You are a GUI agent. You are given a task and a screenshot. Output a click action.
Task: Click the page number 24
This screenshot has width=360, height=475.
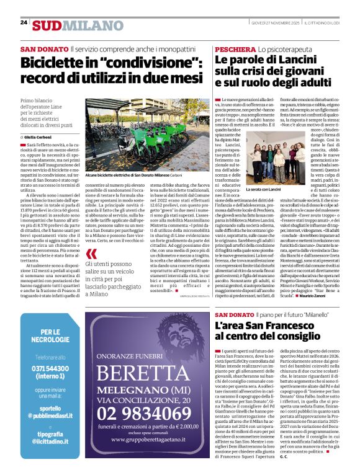(24, 22)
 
